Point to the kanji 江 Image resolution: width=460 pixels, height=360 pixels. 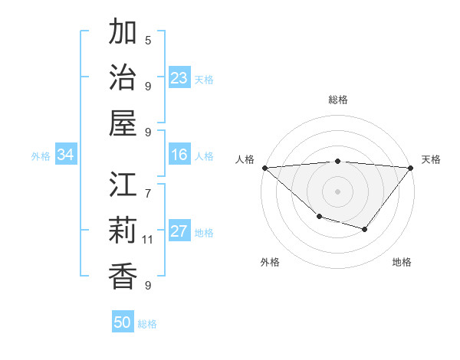point(123,185)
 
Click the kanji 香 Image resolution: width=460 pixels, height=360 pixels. point(123,275)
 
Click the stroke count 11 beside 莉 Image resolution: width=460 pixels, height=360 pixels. point(148,240)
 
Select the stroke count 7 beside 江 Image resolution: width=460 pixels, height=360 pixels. point(148,185)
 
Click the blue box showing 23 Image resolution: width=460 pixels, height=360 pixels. point(179,78)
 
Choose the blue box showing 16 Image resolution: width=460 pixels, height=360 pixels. point(179,155)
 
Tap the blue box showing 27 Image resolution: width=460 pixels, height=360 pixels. point(179,232)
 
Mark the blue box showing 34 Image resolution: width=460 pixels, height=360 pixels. point(66,155)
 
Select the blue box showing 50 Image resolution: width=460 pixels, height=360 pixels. point(123,322)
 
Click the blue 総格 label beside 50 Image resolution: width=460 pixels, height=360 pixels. point(147,324)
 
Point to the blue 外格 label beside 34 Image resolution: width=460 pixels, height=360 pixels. point(41,156)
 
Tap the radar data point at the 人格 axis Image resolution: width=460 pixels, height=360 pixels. point(264,168)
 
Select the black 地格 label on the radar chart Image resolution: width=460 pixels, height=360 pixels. point(402,263)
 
